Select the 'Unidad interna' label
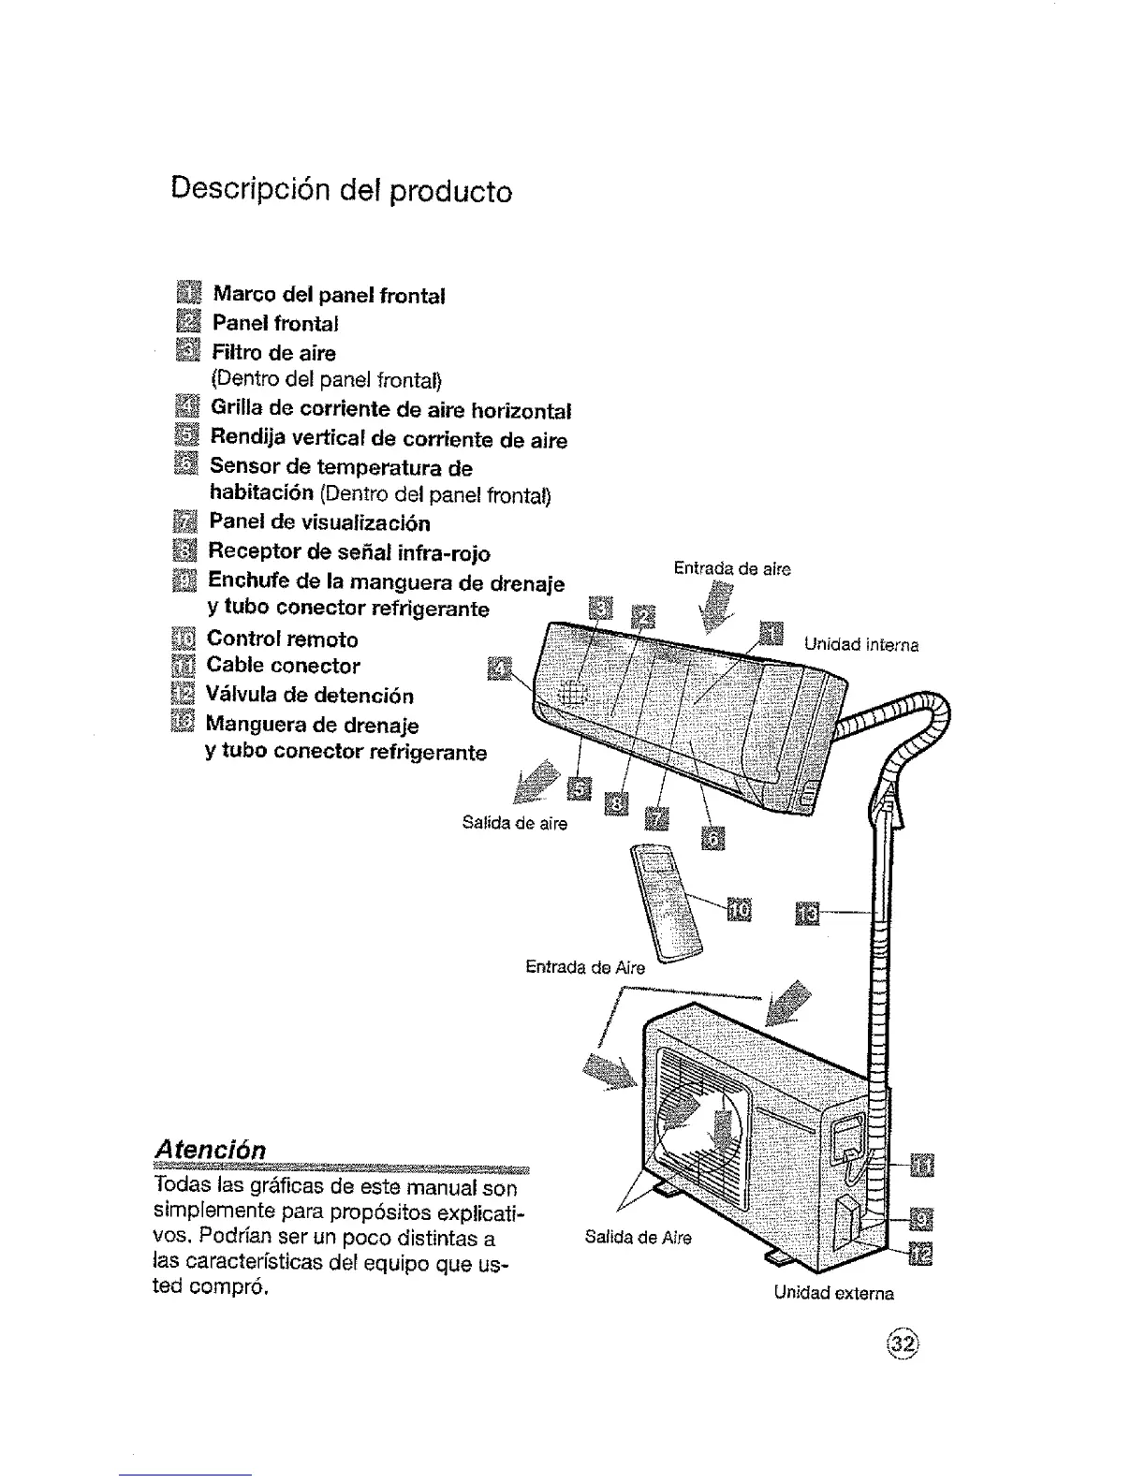point(860,645)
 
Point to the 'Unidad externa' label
point(833,1293)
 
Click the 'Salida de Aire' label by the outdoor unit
point(638,1237)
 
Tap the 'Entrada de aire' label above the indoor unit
point(732,568)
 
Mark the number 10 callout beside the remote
point(739,908)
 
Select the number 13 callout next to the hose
point(807,912)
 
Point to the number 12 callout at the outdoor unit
point(921,1254)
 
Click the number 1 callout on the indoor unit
point(770,633)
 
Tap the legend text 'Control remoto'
point(282,640)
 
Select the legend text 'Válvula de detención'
point(309,696)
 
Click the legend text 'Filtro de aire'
point(273,353)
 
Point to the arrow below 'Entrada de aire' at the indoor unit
point(719,606)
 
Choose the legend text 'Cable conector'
point(283,667)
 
